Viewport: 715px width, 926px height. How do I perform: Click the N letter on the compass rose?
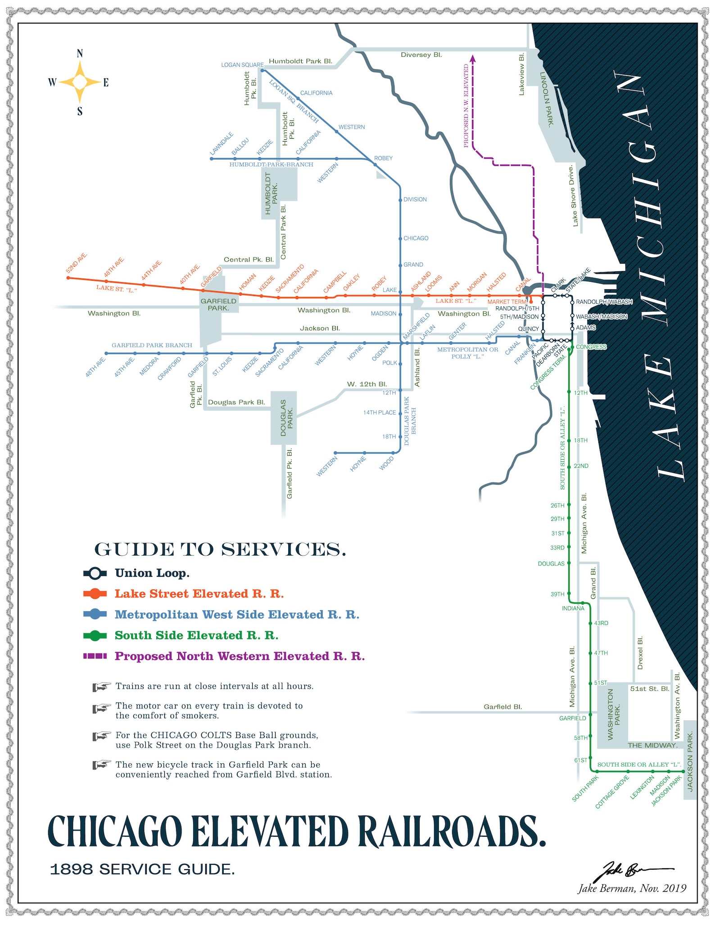pos(80,54)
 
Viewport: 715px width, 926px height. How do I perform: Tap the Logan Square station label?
pos(242,65)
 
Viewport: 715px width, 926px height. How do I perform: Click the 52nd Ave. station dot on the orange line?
pos(68,278)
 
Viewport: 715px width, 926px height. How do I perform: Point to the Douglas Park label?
pos(286,418)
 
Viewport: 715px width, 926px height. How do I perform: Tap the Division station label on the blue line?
pos(415,199)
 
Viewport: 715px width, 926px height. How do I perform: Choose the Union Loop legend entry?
pos(152,573)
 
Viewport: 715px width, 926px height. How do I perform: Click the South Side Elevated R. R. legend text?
pos(196,635)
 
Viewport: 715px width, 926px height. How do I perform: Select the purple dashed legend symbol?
pos(95,656)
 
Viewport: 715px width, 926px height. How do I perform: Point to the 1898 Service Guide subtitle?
pos(142,869)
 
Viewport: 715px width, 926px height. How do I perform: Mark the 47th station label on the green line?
pos(601,653)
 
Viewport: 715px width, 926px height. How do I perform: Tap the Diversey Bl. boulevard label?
pos(421,55)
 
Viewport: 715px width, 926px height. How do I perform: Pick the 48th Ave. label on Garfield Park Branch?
pos(95,366)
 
